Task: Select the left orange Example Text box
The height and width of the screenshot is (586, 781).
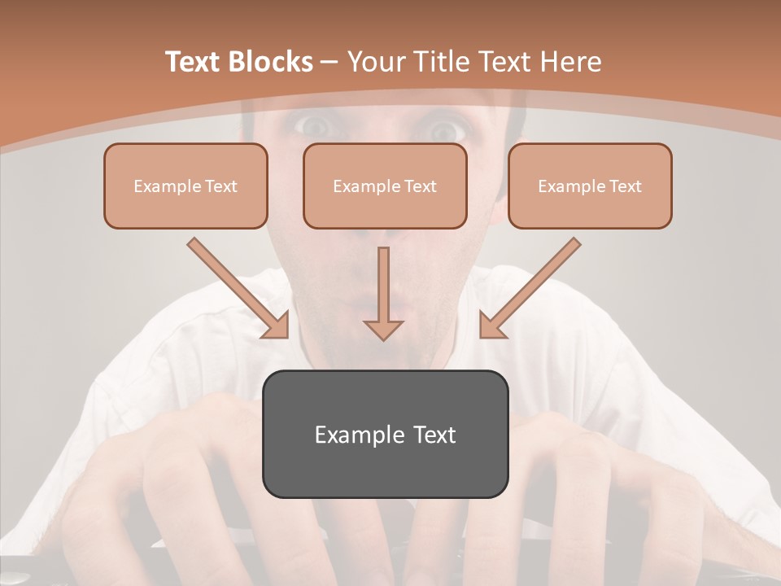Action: tap(185, 186)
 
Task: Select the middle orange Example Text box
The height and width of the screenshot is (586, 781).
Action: tap(385, 186)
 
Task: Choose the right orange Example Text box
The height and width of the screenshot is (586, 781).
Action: tap(590, 186)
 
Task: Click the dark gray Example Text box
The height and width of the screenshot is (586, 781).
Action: tap(385, 434)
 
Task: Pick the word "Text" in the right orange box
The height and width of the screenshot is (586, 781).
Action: tap(625, 186)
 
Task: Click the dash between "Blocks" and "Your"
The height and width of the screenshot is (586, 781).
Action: tap(329, 62)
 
